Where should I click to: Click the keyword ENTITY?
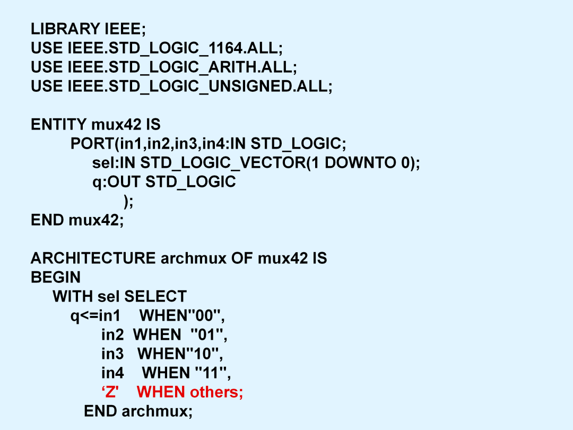(x=58, y=125)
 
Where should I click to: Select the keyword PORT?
(x=92, y=144)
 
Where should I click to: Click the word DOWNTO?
(x=360, y=163)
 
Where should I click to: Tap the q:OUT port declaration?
(x=164, y=182)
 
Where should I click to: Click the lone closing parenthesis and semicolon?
(x=128, y=202)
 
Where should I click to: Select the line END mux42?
(x=77, y=220)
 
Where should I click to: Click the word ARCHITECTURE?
(x=93, y=258)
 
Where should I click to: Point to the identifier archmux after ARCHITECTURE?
(x=194, y=258)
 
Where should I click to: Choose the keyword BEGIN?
(x=56, y=277)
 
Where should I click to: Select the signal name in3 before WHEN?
(x=112, y=354)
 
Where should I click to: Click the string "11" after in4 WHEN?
(x=211, y=372)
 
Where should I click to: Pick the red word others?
(x=216, y=392)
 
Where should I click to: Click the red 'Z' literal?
(x=110, y=392)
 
